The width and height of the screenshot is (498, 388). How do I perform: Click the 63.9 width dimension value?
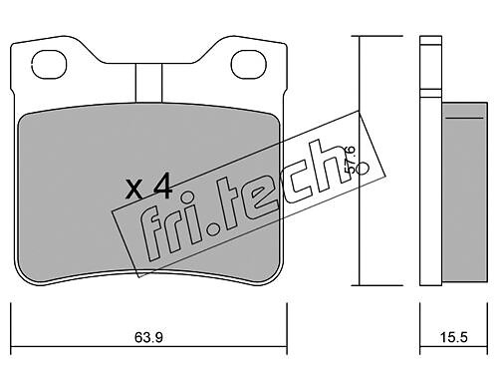click(148, 338)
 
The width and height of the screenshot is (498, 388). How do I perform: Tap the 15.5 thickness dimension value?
click(453, 338)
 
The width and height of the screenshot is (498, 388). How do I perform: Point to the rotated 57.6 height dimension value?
click(350, 160)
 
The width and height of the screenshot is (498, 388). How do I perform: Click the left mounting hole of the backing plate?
click(49, 65)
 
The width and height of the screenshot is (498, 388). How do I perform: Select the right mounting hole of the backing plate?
click(249, 65)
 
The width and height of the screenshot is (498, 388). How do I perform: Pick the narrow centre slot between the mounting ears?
click(148, 83)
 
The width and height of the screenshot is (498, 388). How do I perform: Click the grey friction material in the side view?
click(464, 194)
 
